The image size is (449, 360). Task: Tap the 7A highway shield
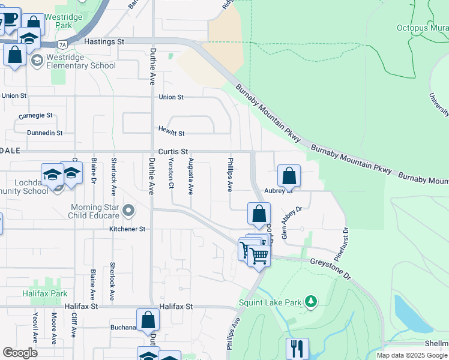[62, 44]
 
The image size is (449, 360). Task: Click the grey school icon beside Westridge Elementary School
[37, 61]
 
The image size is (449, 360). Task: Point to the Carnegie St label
[35, 115]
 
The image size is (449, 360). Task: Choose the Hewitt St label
[171, 130]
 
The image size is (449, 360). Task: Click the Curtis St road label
[173, 152]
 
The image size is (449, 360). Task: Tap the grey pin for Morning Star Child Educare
[128, 211]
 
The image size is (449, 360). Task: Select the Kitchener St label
[127, 229]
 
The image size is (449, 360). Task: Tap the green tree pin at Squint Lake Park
[310, 301]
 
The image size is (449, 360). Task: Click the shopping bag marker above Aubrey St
[289, 176]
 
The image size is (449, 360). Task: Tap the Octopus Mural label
[422, 28]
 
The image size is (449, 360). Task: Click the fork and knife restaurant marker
[297, 348]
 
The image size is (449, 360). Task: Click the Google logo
[20, 353]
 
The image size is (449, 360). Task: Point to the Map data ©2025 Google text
[412, 355]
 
